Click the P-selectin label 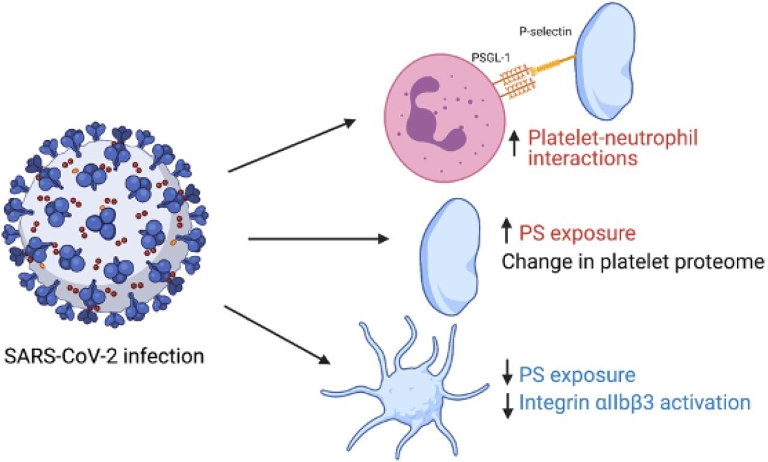[x=548, y=29]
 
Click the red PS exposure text [x=577, y=233]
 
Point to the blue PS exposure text [x=577, y=376]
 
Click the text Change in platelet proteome [x=632, y=262]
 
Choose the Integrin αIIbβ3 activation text [x=634, y=403]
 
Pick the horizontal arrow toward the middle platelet [x=318, y=239]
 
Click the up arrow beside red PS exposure [x=506, y=231]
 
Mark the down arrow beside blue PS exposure [x=507, y=375]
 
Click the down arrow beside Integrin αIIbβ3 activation [x=507, y=404]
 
